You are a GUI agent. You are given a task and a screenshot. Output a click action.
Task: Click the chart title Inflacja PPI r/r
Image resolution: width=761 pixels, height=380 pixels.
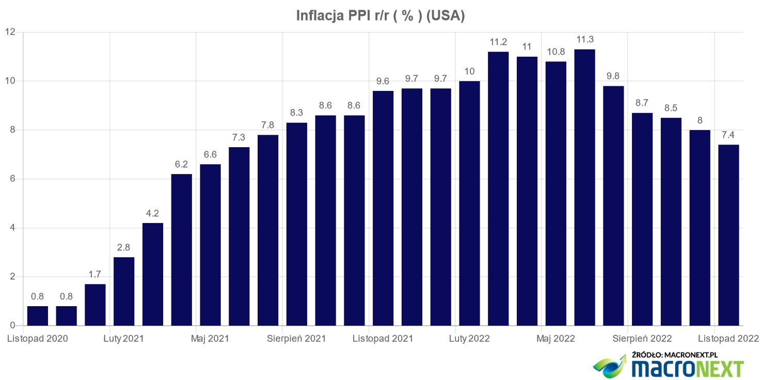[x=380, y=15]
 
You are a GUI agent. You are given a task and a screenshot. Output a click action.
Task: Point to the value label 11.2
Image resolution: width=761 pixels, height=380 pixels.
[x=498, y=42]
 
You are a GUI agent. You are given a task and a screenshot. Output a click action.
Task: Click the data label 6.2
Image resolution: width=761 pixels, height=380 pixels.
[x=181, y=164]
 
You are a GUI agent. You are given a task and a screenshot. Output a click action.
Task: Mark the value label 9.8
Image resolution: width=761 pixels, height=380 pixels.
[x=613, y=76]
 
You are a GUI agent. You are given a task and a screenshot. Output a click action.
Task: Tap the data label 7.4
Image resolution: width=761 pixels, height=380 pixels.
[x=728, y=135]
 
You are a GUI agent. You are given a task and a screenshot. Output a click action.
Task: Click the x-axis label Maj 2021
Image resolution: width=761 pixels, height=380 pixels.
[x=210, y=339]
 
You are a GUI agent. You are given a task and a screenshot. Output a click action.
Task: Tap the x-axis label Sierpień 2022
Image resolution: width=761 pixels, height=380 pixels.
[x=642, y=339]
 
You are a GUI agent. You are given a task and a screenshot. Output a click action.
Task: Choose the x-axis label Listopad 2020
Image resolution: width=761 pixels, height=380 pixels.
[x=37, y=339]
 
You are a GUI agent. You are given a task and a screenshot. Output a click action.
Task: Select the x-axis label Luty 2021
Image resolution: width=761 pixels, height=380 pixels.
[x=124, y=339]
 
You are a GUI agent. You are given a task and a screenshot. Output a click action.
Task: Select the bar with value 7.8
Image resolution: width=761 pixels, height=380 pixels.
[x=268, y=230]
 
